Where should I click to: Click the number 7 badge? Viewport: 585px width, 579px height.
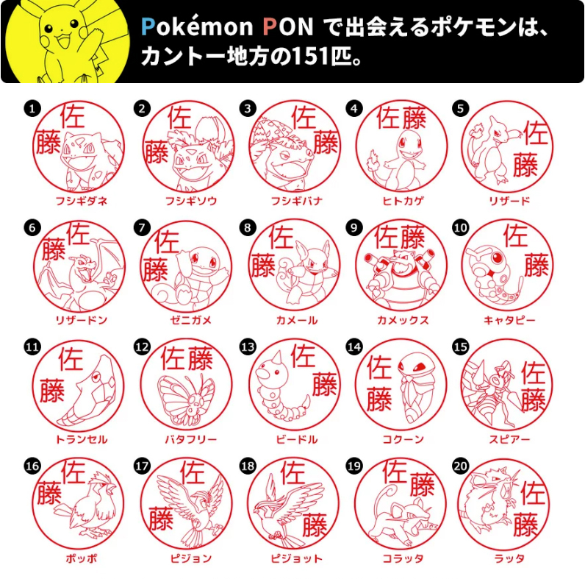click(142, 227)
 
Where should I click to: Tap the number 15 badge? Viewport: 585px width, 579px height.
click(460, 347)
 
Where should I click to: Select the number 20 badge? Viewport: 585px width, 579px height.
click(460, 466)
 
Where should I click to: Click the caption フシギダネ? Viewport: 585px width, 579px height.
click(82, 201)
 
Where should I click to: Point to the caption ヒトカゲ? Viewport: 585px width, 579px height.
click(403, 201)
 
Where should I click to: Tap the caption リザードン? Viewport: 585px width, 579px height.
click(82, 320)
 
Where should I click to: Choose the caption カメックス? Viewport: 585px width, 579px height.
click(403, 320)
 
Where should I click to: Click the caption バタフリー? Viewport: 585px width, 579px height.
click(191, 439)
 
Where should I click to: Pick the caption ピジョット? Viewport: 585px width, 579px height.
click(297, 558)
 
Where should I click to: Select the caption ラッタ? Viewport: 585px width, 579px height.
click(509, 558)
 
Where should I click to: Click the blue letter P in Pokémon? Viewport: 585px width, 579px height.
click(148, 26)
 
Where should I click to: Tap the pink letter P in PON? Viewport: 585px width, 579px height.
click(270, 26)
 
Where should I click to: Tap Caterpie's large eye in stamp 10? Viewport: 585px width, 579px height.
click(498, 257)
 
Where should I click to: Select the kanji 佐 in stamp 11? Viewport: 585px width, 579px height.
click(71, 358)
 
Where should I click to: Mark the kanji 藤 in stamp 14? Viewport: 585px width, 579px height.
click(379, 399)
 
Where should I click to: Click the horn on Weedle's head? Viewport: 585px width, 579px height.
click(277, 358)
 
